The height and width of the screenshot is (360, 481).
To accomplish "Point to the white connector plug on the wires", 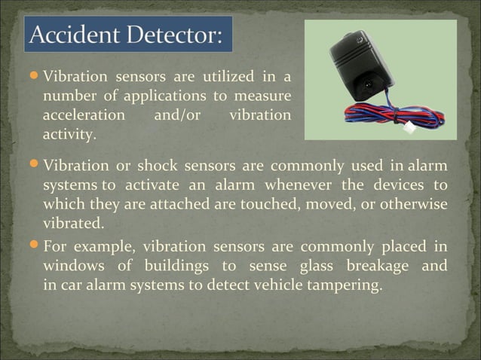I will pyautogui.click(x=430, y=128).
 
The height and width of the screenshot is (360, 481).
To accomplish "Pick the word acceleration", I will pyautogui.click(x=84, y=116).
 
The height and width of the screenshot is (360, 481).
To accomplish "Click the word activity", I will pyautogui.click(x=69, y=136).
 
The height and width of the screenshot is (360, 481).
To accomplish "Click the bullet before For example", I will pyautogui.click(x=35, y=246).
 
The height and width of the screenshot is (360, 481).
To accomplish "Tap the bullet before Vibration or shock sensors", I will pyautogui.click(x=35, y=166).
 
